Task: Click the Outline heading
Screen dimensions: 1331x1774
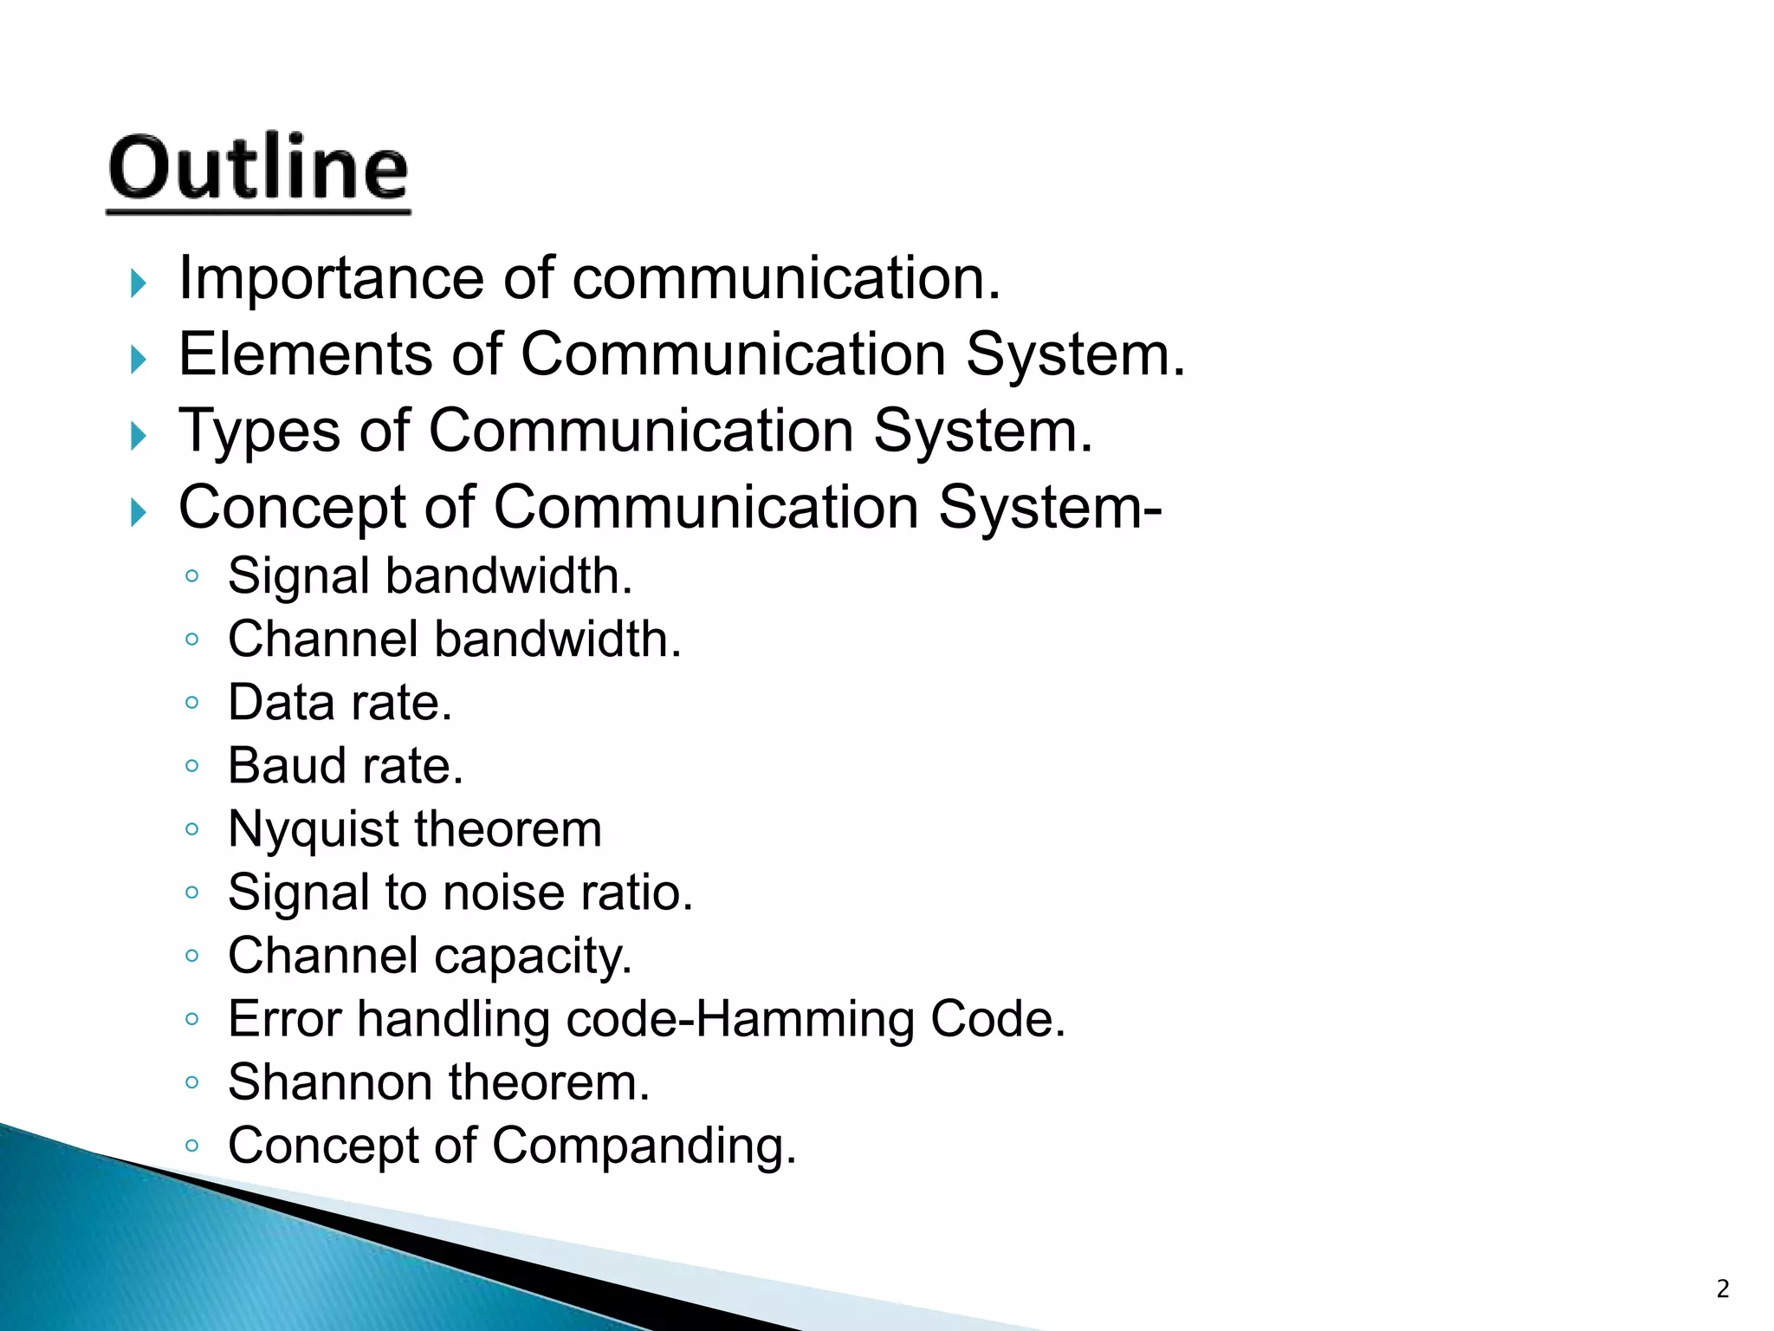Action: tap(258, 168)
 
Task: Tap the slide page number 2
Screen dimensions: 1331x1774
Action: tap(1722, 1289)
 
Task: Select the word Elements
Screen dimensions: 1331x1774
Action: tap(305, 355)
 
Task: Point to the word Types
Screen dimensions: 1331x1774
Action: tap(259, 432)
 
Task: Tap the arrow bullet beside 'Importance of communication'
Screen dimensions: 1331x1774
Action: tap(139, 282)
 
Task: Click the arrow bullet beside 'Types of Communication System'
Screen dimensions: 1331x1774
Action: tap(139, 435)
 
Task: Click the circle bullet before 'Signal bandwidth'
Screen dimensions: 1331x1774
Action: tap(192, 576)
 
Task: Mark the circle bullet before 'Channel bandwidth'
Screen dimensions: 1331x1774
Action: tap(192, 640)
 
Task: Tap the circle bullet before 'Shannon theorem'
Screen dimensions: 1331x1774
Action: tap(192, 1082)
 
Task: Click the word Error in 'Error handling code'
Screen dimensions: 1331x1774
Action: tap(284, 1019)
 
